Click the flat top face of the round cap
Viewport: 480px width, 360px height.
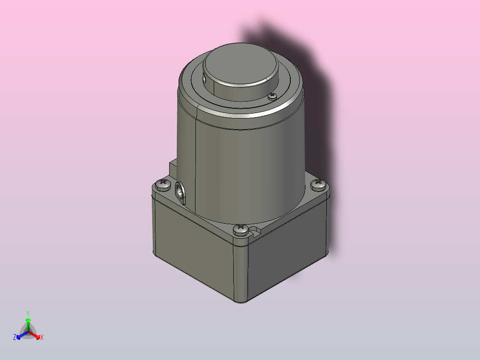pyautogui.click(x=240, y=62)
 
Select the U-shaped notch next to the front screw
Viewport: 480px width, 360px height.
pyautogui.click(x=255, y=231)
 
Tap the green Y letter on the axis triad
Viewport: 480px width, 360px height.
pyautogui.click(x=28, y=313)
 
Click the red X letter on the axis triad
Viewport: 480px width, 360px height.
pyautogui.click(x=42, y=338)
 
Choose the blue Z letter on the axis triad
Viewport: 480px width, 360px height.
pyautogui.click(x=15, y=338)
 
